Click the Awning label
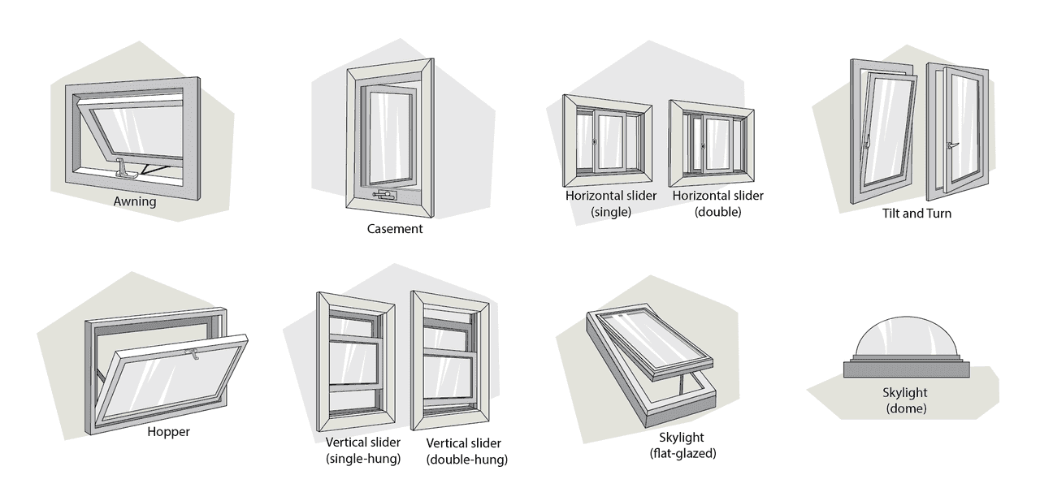[x=135, y=202]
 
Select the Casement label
[x=395, y=229]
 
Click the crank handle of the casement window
[x=383, y=195]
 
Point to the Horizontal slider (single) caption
[x=598, y=204]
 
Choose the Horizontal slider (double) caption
[x=717, y=204]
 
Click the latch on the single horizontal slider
[x=596, y=142]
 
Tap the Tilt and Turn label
[x=916, y=214]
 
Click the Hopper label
[x=168, y=432]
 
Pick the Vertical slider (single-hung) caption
[x=362, y=451]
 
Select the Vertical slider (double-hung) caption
[x=466, y=451]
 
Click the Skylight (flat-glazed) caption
[x=682, y=445]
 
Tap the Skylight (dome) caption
[x=905, y=400]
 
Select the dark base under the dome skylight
[x=905, y=369]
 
